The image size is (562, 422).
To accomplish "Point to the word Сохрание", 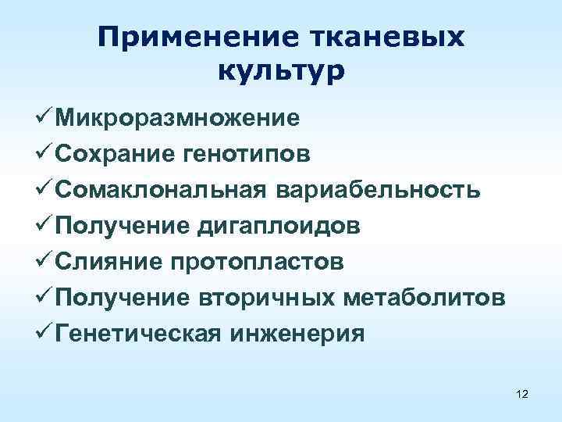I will [116, 154].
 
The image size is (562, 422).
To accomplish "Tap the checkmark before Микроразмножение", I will [42, 118].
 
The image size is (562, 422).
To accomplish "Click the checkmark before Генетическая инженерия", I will [42, 334].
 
